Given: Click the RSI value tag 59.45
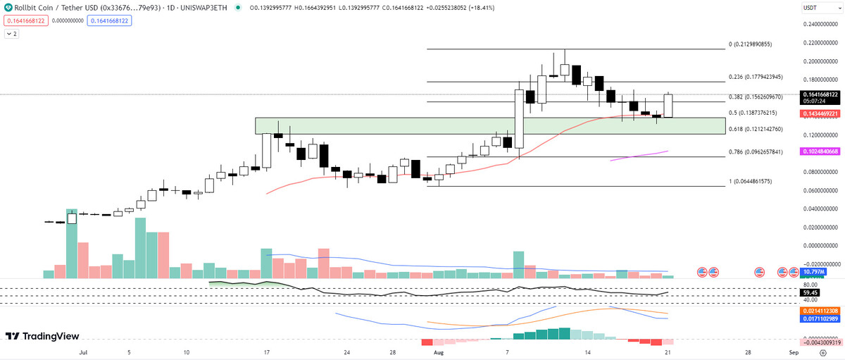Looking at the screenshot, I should (x=810, y=292).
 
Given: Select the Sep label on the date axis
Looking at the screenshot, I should (x=793, y=351).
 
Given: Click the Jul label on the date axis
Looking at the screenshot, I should (x=84, y=351).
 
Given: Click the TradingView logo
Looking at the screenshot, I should (x=42, y=337).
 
